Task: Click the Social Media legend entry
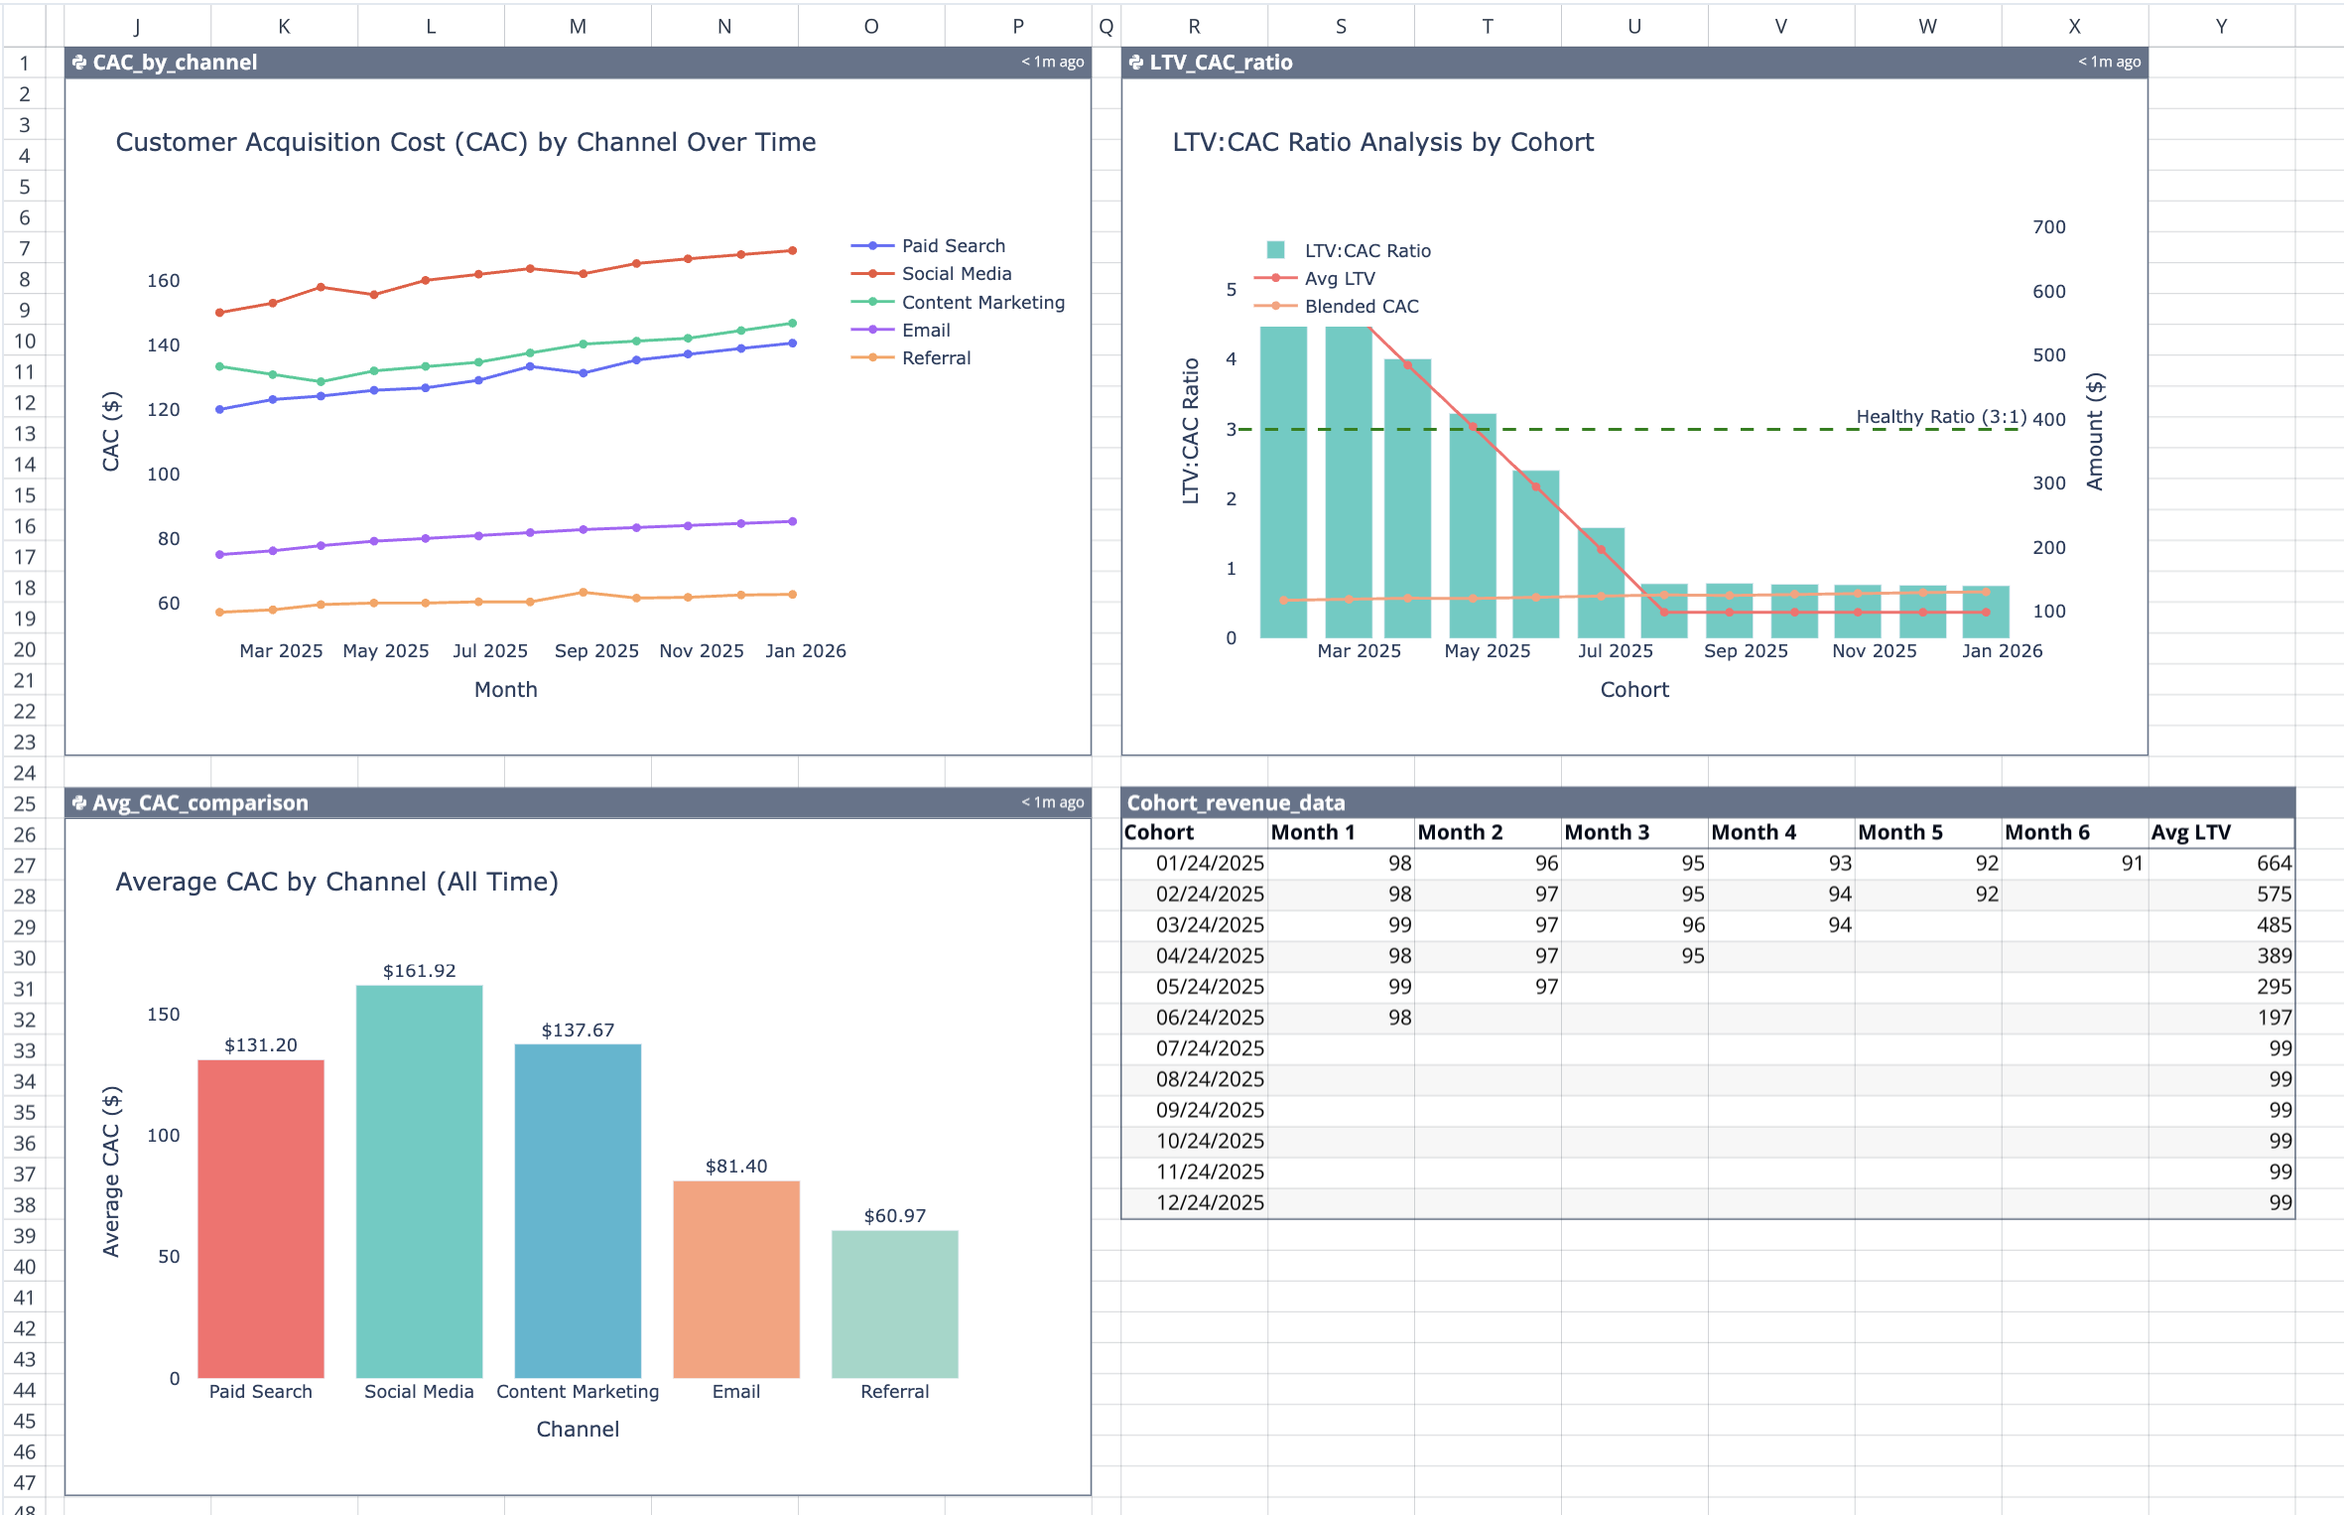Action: pos(955,274)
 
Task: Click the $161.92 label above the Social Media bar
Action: pos(419,971)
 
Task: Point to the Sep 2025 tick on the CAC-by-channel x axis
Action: pos(595,651)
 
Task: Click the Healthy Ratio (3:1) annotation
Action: pos(1940,417)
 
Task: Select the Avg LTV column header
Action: pos(2190,833)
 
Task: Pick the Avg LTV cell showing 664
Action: pos(2273,864)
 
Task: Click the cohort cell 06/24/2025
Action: pos(1209,1018)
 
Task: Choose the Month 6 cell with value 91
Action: pos(2131,864)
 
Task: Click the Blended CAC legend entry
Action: pos(1361,307)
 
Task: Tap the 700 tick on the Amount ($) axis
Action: pos(2048,227)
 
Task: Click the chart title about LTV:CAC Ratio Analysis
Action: pos(1382,143)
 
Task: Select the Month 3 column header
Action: pos(1606,833)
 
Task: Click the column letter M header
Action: pos(578,27)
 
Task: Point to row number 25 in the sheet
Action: pos(25,803)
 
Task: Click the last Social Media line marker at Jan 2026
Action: pos(792,251)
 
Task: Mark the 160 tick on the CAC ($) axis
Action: pos(164,281)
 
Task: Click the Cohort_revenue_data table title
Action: pos(1236,803)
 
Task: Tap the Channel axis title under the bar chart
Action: pos(578,1430)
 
